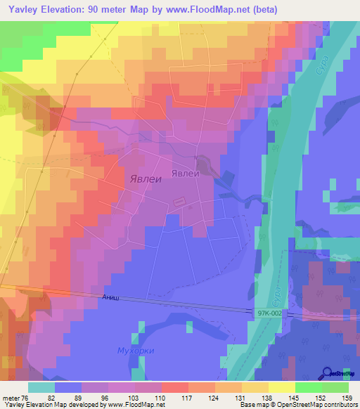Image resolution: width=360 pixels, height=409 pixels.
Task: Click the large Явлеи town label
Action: click(146, 178)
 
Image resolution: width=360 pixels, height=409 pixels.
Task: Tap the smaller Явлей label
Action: click(186, 173)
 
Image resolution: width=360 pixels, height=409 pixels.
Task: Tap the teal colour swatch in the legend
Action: click(41, 387)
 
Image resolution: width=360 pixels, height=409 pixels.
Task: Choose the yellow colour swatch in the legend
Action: click(282, 387)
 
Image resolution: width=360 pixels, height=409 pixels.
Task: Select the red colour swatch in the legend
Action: click(175, 387)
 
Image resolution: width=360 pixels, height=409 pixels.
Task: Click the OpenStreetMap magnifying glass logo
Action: click(328, 373)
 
